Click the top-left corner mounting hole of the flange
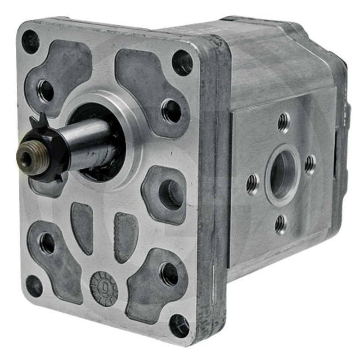pyautogui.click(x=30, y=41)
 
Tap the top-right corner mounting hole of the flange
pyautogui.click(x=182, y=63)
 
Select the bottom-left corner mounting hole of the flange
pyautogui.click(x=34, y=286)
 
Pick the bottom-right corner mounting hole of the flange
pyautogui.click(x=179, y=325)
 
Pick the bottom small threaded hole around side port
pyautogui.click(x=281, y=224)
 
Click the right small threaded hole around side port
pyautogui.click(x=310, y=164)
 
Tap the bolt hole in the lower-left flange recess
pyautogui.click(x=47, y=243)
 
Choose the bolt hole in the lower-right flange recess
pyautogui.click(x=169, y=274)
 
